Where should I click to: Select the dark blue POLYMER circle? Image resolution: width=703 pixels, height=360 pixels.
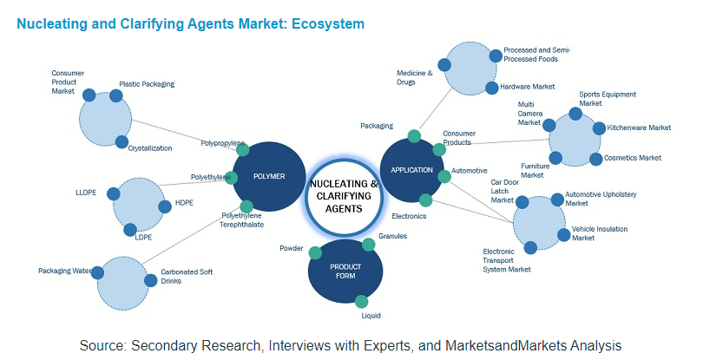[x=269, y=176]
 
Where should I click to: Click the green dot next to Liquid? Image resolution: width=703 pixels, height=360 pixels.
[x=362, y=301]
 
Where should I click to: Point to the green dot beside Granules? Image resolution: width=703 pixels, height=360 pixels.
[x=368, y=244]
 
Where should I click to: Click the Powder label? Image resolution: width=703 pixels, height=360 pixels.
[x=292, y=248]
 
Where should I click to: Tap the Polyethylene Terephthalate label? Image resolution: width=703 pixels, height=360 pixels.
[x=241, y=220]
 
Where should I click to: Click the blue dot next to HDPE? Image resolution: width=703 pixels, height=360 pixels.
[x=165, y=206]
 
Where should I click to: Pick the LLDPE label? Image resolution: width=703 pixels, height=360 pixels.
[x=87, y=192]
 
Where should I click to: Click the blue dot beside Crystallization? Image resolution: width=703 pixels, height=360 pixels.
[x=122, y=141]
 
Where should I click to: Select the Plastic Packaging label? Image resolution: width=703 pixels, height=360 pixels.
[x=147, y=84]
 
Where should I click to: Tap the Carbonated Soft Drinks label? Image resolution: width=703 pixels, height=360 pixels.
[x=187, y=277]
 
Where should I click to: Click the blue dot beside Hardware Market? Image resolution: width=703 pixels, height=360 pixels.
[x=492, y=87]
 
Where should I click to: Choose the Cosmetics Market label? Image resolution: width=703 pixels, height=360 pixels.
[x=633, y=158]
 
